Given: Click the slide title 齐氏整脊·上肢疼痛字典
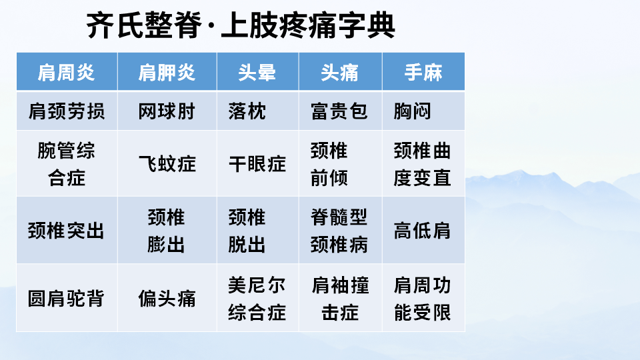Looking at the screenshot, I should click(241, 26).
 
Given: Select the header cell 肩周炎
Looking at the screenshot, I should click(67, 72).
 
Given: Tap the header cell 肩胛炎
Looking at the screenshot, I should click(167, 72).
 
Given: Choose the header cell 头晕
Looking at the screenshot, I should click(257, 72).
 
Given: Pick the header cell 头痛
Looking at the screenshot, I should click(340, 72).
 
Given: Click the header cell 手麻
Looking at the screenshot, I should click(423, 72).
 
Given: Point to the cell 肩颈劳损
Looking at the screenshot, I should click(67, 111).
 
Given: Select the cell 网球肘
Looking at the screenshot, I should click(167, 111).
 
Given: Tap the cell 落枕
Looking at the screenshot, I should click(247, 111).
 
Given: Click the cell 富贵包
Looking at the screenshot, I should click(339, 111).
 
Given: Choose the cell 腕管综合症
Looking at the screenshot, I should click(67, 164).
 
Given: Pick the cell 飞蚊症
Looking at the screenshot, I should click(167, 164).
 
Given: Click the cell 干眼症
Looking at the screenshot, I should click(257, 164).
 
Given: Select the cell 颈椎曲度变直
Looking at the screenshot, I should click(423, 164).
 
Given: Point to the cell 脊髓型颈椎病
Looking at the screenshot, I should click(339, 231).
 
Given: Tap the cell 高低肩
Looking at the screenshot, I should click(423, 231).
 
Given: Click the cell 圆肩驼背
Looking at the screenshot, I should click(67, 298).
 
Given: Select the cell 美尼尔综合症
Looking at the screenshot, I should click(257, 298).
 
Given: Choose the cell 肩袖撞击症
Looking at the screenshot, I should click(340, 298).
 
